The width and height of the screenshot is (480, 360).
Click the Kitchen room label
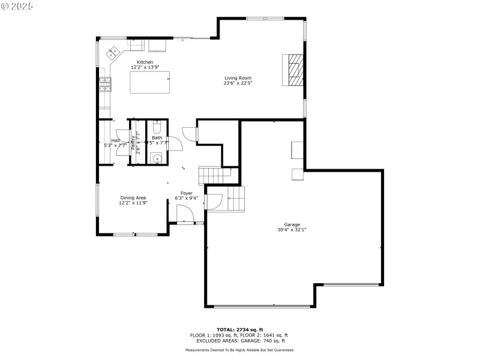(145, 62)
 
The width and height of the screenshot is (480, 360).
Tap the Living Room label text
(238, 78)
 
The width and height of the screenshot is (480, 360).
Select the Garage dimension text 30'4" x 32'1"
(292, 230)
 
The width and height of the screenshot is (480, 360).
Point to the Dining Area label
(133, 197)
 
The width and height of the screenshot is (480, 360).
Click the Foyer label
(187, 193)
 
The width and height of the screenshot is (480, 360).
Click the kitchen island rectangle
(150, 82)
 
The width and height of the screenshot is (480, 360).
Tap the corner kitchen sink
(113, 52)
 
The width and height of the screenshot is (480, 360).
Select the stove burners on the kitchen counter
(105, 85)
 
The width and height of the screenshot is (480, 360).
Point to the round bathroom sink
(157, 159)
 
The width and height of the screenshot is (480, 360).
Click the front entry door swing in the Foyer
(184, 213)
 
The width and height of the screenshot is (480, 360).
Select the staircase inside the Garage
(235, 199)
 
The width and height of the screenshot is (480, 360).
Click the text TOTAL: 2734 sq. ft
(240, 329)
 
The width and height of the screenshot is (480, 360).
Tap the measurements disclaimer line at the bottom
(240, 350)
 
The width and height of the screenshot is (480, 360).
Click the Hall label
(115, 140)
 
